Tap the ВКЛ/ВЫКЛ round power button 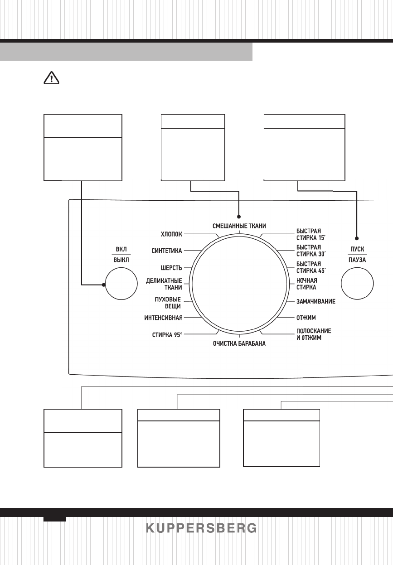121,285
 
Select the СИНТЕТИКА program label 166,250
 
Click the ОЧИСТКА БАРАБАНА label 239,344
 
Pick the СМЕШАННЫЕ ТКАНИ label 239,226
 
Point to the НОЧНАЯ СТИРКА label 307,284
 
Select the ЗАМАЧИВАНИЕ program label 316,301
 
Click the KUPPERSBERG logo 201,528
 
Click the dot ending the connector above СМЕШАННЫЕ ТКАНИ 239,217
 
